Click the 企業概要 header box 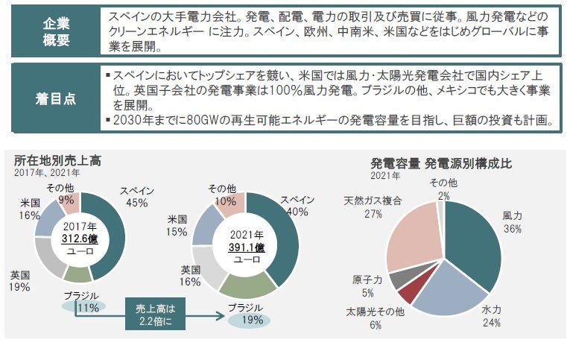pos(52,31)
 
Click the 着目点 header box pos(52,98)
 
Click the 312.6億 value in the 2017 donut pos(80,238)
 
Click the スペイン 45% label pos(136,196)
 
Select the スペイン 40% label pos(297,206)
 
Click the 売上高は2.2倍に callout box pos(149,314)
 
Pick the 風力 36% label pos(512,223)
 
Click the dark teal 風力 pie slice pos(475,239)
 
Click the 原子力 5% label pos(368,285)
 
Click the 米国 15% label pos(177,226)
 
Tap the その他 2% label pos(444,189)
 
